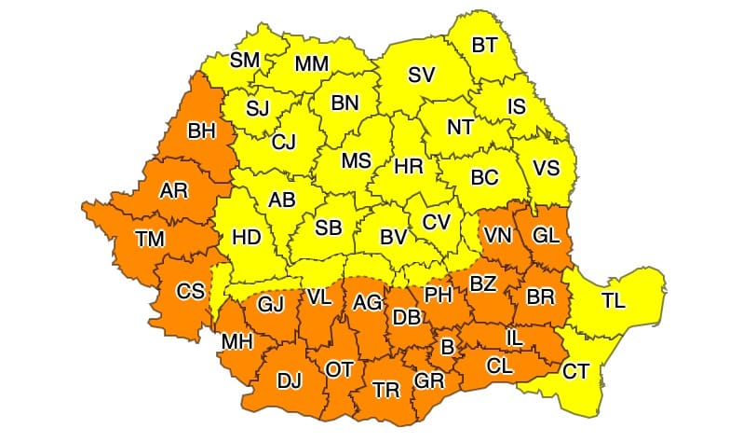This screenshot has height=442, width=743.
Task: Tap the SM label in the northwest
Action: pyautogui.click(x=245, y=61)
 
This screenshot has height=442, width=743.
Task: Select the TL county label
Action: pyautogui.click(x=614, y=300)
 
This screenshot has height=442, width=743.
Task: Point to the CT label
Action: pyautogui.click(x=575, y=371)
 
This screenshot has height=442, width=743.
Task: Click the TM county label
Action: pyautogui.click(x=149, y=239)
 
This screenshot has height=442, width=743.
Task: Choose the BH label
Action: pyautogui.click(x=202, y=131)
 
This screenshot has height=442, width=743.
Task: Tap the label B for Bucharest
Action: pyautogui.click(x=447, y=347)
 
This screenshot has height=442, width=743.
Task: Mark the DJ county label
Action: pyautogui.click(x=290, y=380)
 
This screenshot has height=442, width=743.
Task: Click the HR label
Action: pyautogui.click(x=409, y=166)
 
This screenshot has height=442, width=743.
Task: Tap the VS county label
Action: pyautogui.click(x=546, y=168)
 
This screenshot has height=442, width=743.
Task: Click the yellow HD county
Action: pyautogui.click(x=246, y=237)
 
